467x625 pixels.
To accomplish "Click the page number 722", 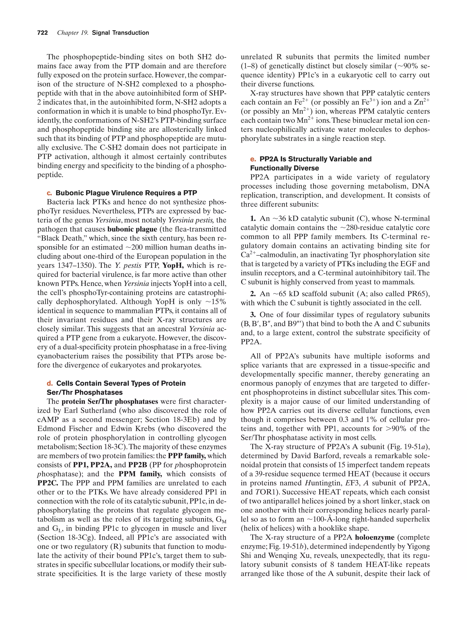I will (x=42, y=33).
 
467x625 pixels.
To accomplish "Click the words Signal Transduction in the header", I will (x=120, y=33).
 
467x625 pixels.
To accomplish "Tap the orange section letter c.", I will (x=49, y=193).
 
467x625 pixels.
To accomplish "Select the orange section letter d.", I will (x=50, y=384).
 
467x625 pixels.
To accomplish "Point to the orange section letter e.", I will (x=253, y=159).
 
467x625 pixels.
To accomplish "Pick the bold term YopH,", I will (x=173, y=266).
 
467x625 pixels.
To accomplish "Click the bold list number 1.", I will (x=253, y=219).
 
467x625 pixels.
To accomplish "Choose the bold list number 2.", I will (x=253, y=294).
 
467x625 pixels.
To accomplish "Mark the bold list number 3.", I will (x=253, y=315).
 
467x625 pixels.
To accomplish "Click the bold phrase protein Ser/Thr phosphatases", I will (x=110, y=402).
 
